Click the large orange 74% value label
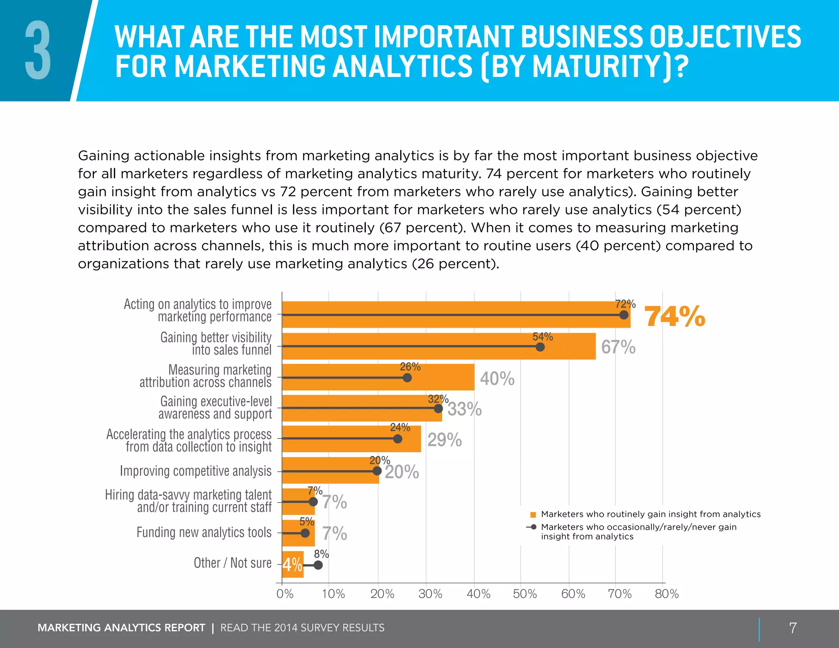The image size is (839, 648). click(x=675, y=317)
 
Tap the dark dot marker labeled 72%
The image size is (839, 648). click(x=624, y=315)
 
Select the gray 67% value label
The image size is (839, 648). click(x=618, y=347)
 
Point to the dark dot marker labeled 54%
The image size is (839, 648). click(x=540, y=347)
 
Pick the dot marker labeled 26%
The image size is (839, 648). click(x=407, y=378)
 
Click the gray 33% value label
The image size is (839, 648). click(x=465, y=409)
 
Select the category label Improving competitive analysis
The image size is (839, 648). click(x=195, y=471)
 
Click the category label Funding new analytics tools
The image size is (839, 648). click(x=204, y=532)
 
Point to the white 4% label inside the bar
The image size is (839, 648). click(x=292, y=565)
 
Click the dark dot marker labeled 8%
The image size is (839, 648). click(x=318, y=565)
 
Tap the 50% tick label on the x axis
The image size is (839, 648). click(x=525, y=594)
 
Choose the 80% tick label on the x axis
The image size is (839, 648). click(x=667, y=594)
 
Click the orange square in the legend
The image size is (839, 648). click(x=533, y=515)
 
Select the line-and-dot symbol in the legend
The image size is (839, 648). click(x=531, y=527)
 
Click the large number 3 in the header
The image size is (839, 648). click(x=38, y=51)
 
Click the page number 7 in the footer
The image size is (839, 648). click(x=793, y=628)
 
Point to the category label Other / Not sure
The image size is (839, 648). click(x=232, y=563)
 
